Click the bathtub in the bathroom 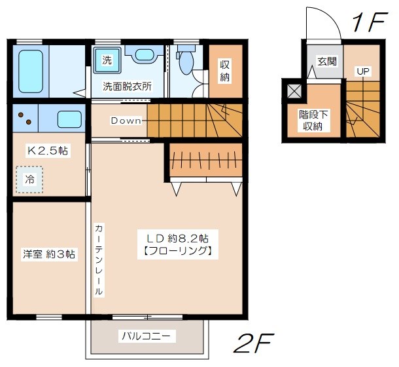[30, 71]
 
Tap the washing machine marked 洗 [107, 60]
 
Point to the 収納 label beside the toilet [225, 71]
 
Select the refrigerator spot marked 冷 [29, 178]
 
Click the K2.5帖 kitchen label [48, 151]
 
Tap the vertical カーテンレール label [98, 259]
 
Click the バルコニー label [145, 337]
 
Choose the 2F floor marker [253, 342]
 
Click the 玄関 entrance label [326, 62]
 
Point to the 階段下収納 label [311, 119]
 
